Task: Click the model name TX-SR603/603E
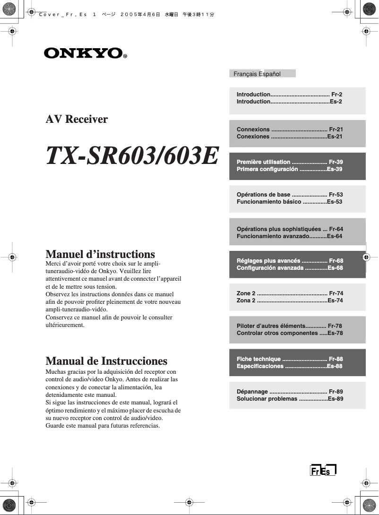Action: [x=132, y=156]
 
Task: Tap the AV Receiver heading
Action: [x=77, y=119]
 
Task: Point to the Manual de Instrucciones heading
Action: [x=106, y=361]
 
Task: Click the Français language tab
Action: [x=245, y=74]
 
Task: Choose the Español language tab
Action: [x=269, y=74]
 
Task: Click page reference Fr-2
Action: [x=336, y=94]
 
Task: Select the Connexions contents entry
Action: [x=253, y=129]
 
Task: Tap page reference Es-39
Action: [x=335, y=169]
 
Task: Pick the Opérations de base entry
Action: [x=263, y=195]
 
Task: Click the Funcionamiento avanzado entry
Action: [x=273, y=236]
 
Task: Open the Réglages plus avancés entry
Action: [x=268, y=260]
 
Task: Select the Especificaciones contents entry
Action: [x=260, y=366]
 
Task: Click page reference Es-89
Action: [x=335, y=399]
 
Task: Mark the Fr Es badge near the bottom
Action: [x=323, y=471]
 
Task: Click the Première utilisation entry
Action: [x=263, y=162]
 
